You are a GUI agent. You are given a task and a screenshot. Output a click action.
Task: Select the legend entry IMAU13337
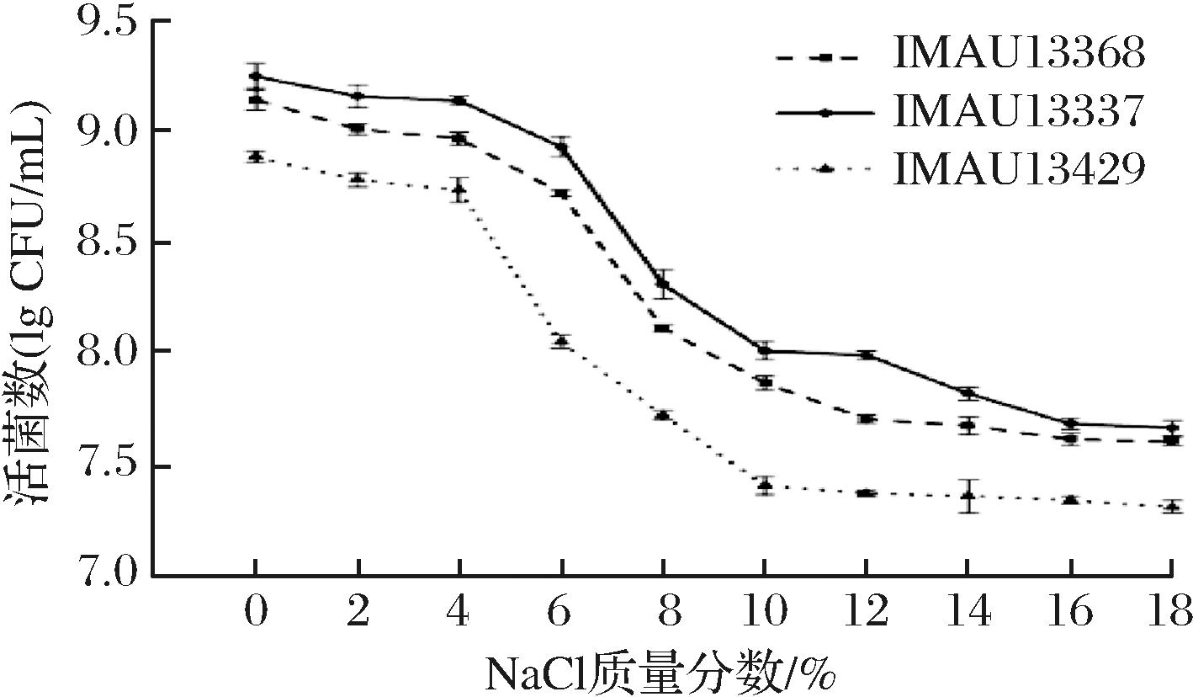(x=1019, y=112)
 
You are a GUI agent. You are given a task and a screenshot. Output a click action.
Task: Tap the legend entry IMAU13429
(x=1019, y=168)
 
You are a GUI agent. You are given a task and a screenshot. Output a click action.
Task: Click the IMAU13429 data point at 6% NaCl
(x=561, y=341)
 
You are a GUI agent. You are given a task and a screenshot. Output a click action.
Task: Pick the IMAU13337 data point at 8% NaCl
(x=663, y=284)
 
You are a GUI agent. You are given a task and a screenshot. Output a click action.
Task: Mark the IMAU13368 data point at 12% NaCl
(x=866, y=418)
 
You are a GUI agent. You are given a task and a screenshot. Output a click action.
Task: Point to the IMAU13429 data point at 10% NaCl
(x=764, y=486)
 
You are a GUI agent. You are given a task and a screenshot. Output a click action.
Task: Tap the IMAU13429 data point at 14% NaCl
(x=968, y=496)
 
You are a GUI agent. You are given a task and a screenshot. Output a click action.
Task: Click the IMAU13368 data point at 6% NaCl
(x=561, y=194)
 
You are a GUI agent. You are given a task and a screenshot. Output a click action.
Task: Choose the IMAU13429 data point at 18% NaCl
(x=1172, y=507)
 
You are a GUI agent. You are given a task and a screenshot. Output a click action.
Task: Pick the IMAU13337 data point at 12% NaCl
(x=866, y=355)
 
